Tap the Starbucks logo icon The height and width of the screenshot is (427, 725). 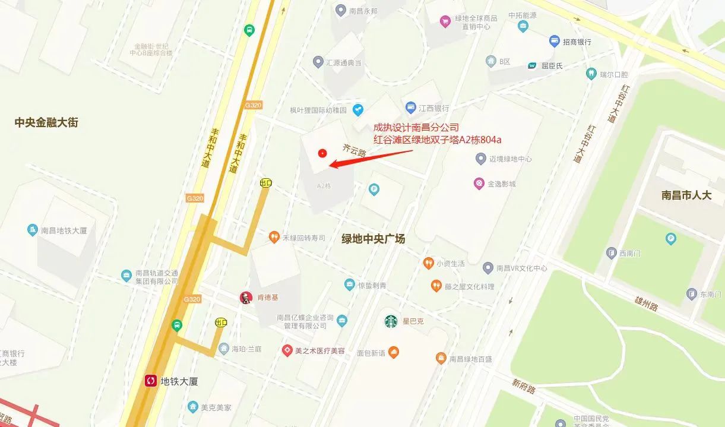(391, 321)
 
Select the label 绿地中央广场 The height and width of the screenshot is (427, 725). (373, 239)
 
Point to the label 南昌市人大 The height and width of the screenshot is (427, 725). (686, 195)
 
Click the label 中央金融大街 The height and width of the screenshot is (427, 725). (46, 122)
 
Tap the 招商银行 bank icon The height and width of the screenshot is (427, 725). (555, 42)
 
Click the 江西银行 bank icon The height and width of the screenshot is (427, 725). (410, 108)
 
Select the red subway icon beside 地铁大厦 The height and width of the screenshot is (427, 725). (151, 381)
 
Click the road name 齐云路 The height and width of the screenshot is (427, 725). (354, 150)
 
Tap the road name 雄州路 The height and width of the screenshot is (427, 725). (645, 299)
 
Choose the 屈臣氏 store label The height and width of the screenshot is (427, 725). (552, 65)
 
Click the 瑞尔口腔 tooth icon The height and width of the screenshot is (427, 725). (591, 74)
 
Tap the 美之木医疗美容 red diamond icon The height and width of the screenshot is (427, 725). (287, 350)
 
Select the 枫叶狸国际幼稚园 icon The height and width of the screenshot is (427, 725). (357, 109)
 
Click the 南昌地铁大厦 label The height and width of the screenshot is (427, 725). (64, 230)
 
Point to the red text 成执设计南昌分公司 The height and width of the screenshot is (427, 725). (416, 128)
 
